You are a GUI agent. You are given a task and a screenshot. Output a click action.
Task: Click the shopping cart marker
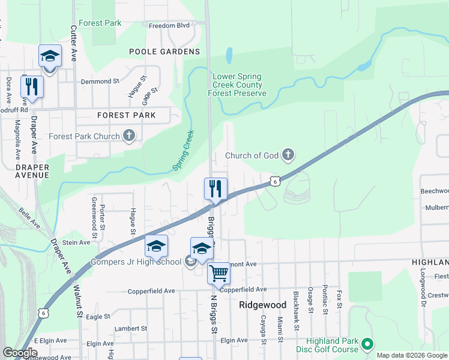[x=218, y=274]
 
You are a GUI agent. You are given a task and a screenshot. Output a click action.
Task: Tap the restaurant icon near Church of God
[x=215, y=189]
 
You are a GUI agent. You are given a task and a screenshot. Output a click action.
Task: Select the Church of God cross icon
[x=288, y=155]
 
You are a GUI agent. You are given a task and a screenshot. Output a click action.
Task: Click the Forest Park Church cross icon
[x=129, y=136]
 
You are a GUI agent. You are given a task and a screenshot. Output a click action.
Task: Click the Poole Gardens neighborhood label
[x=155, y=52]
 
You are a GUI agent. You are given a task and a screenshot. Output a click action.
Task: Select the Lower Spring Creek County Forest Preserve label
[x=237, y=85]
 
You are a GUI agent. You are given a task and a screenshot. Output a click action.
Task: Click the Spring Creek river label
[x=185, y=150]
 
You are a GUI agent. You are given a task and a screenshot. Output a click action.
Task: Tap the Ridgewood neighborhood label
[x=263, y=305]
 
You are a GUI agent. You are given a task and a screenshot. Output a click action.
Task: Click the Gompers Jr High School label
[x=136, y=262]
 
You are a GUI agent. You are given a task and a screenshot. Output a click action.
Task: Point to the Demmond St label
[x=100, y=81]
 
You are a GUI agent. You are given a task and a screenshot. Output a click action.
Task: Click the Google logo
[x=20, y=353]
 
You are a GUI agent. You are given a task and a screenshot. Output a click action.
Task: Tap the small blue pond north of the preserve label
[x=229, y=56]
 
